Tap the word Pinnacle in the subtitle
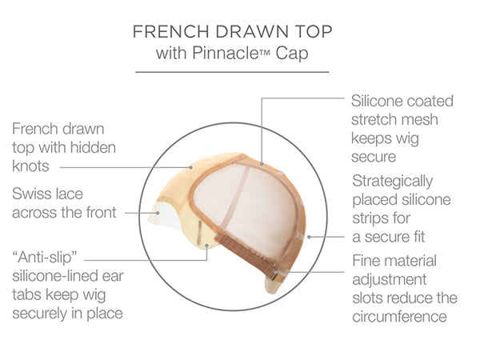point(225,53)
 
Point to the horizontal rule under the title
point(232,72)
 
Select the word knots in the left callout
point(30,166)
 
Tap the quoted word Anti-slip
point(44,258)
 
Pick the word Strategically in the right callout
point(393,182)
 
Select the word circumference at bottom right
point(399,317)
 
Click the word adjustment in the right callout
point(390,280)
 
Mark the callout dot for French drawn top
point(190,167)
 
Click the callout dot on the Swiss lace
point(158,213)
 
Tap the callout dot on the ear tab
point(207,246)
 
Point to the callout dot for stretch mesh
point(262,164)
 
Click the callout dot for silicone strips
point(309,237)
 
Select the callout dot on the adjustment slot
point(276,272)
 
